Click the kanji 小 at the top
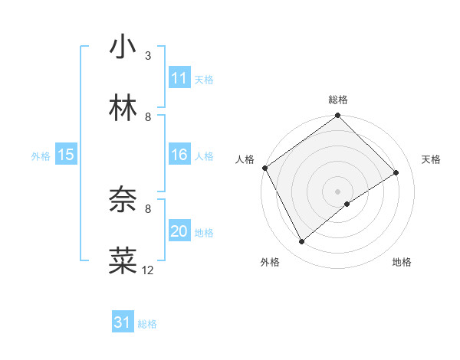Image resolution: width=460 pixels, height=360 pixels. [x=123, y=47]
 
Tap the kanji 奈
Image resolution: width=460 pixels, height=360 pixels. [x=123, y=201]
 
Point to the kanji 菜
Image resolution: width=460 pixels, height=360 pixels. [x=123, y=260]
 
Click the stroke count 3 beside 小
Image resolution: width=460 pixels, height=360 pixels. [x=148, y=56]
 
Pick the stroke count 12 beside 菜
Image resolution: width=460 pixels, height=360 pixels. [x=148, y=270]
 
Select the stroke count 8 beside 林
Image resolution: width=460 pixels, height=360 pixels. [x=148, y=116]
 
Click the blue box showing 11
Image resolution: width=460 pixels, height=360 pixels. [x=179, y=78]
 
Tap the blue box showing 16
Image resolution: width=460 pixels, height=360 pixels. [x=179, y=155]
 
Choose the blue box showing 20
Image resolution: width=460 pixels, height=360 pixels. [x=179, y=231]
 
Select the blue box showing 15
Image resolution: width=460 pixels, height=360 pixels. [x=66, y=155]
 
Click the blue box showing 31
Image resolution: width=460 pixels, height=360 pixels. [x=123, y=322]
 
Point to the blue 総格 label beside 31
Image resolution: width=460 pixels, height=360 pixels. [x=147, y=324]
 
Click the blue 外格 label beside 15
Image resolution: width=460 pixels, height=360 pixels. [x=41, y=156]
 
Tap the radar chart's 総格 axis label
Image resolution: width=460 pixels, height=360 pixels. [x=338, y=100]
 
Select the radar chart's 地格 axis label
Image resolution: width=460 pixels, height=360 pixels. [x=402, y=262]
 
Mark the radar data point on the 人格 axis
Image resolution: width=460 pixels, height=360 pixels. [x=264, y=168]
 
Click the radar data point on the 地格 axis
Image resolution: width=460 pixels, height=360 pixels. [x=348, y=204]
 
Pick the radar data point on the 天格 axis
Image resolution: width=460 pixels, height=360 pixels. [x=396, y=173]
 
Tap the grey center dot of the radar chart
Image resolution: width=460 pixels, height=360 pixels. [x=338, y=191]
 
